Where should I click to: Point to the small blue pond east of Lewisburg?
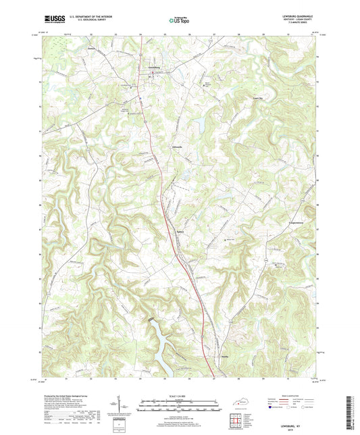200,123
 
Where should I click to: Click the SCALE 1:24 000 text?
179,396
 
